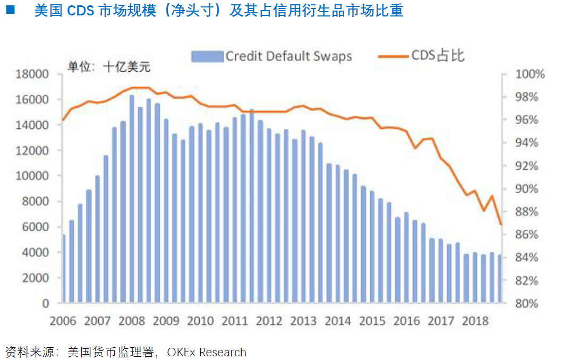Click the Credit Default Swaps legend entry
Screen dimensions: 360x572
(271, 56)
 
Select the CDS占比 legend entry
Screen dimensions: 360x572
(422, 55)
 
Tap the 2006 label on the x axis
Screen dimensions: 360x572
(63, 321)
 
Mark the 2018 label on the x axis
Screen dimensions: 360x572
(475, 321)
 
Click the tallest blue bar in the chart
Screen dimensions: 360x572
(132, 199)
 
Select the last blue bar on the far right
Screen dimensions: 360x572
(500, 279)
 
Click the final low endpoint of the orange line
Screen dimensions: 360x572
(500, 224)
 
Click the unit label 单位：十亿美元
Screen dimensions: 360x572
(108, 67)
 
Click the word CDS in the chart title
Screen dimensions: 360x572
(80, 11)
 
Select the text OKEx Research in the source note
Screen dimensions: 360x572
(207, 352)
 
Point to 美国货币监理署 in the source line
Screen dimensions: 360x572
(112, 352)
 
